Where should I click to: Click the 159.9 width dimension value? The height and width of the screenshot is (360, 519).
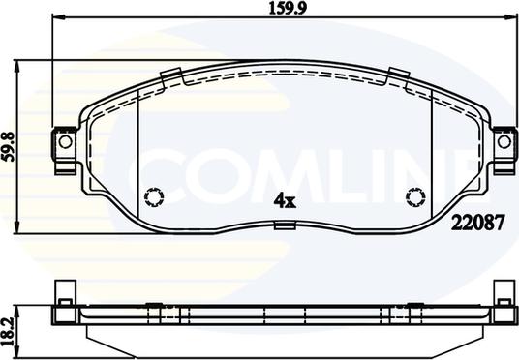click(x=288, y=9)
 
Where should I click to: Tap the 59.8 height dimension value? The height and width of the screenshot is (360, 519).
click(x=10, y=146)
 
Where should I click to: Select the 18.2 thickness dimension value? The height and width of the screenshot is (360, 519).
click(x=10, y=331)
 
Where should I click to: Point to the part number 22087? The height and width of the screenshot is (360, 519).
click(x=478, y=223)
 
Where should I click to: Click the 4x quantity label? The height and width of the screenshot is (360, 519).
click(x=285, y=200)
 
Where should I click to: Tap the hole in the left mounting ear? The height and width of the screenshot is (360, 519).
click(x=65, y=142)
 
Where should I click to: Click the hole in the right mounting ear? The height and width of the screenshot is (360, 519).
click(x=504, y=142)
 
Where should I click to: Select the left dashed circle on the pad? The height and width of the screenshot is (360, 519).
click(x=154, y=197)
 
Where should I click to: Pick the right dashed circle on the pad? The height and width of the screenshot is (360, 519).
click(x=415, y=197)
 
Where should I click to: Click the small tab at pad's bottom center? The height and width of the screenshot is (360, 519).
click(x=285, y=225)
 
